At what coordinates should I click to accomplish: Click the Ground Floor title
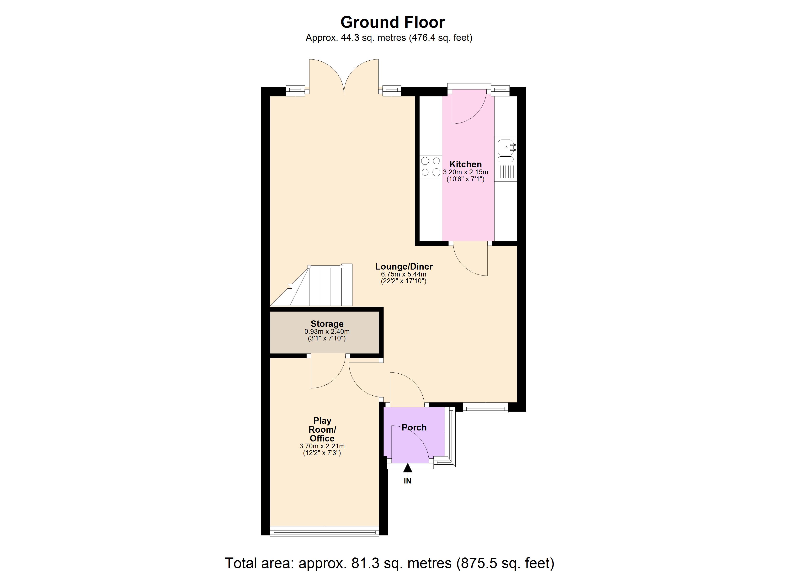click(x=392, y=22)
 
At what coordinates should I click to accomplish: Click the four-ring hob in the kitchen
click(x=431, y=166)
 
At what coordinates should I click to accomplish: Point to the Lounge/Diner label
click(x=404, y=266)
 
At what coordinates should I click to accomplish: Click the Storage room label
click(x=327, y=324)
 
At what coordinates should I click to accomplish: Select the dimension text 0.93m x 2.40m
click(x=327, y=331)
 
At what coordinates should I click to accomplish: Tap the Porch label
click(x=414, y=427)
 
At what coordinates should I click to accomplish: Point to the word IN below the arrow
click(x=408, y=481)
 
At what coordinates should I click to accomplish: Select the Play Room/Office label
click(x=322, y=430)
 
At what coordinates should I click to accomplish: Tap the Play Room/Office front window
click(x=325, y=531)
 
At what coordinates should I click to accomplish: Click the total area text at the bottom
click(x=389, y=562)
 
